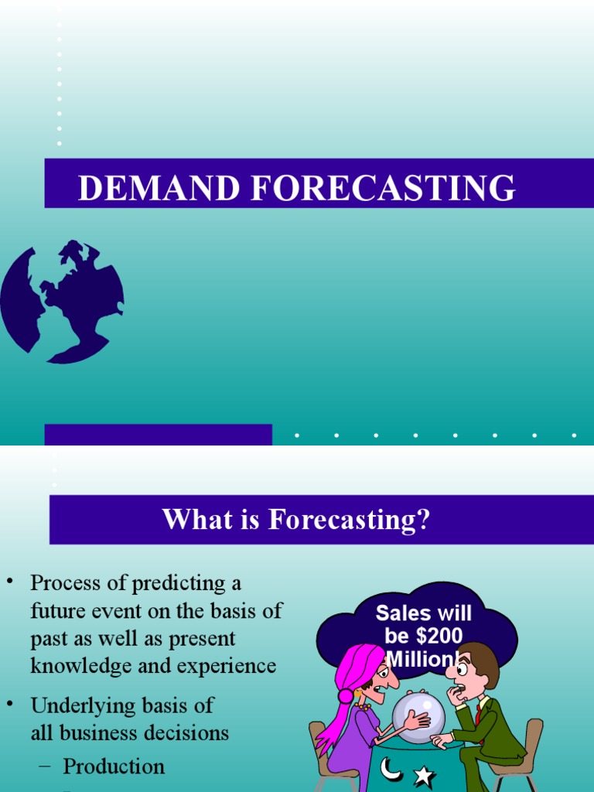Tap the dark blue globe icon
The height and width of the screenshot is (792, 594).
pos(61,301)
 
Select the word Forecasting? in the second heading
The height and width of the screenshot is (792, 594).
pos(349,520)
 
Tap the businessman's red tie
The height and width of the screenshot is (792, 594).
pos(480,711)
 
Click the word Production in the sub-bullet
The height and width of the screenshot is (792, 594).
pos(114,766)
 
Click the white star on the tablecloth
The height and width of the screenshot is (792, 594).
pos(424,774)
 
